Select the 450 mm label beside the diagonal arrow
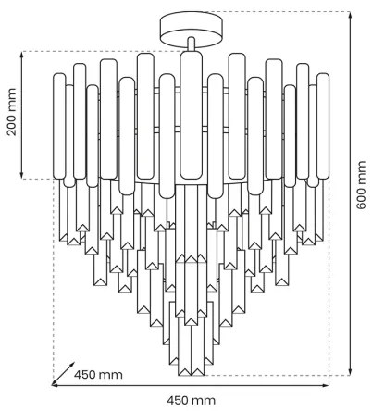pos(97,375)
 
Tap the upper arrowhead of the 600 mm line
pos(350,15)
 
